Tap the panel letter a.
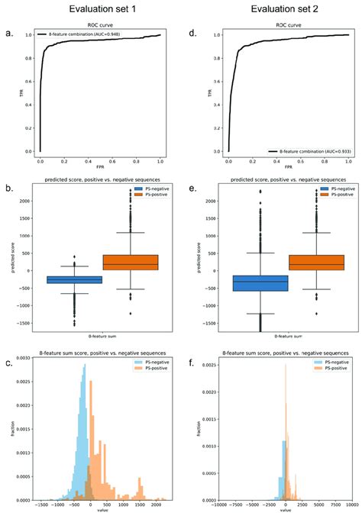[x=8, y=33]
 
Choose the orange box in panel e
[x=315, y=263]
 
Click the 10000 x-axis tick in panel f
[x=350, y=505]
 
